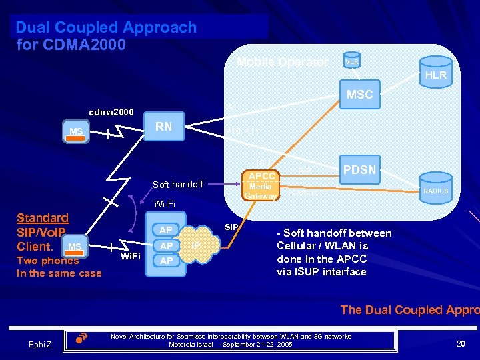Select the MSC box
[359, 95]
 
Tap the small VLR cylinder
[352, 61]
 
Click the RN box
[164, 127]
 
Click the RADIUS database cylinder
[435, 191]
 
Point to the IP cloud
[196, 245]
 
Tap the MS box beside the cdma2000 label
[76, 131]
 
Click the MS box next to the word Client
[75, 247]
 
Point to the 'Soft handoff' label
[178, 184]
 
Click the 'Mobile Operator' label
[282, 62]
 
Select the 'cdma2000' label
[111, 111]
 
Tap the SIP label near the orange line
[231, 227]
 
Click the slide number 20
[460, 343]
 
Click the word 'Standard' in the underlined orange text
[42, 218]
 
